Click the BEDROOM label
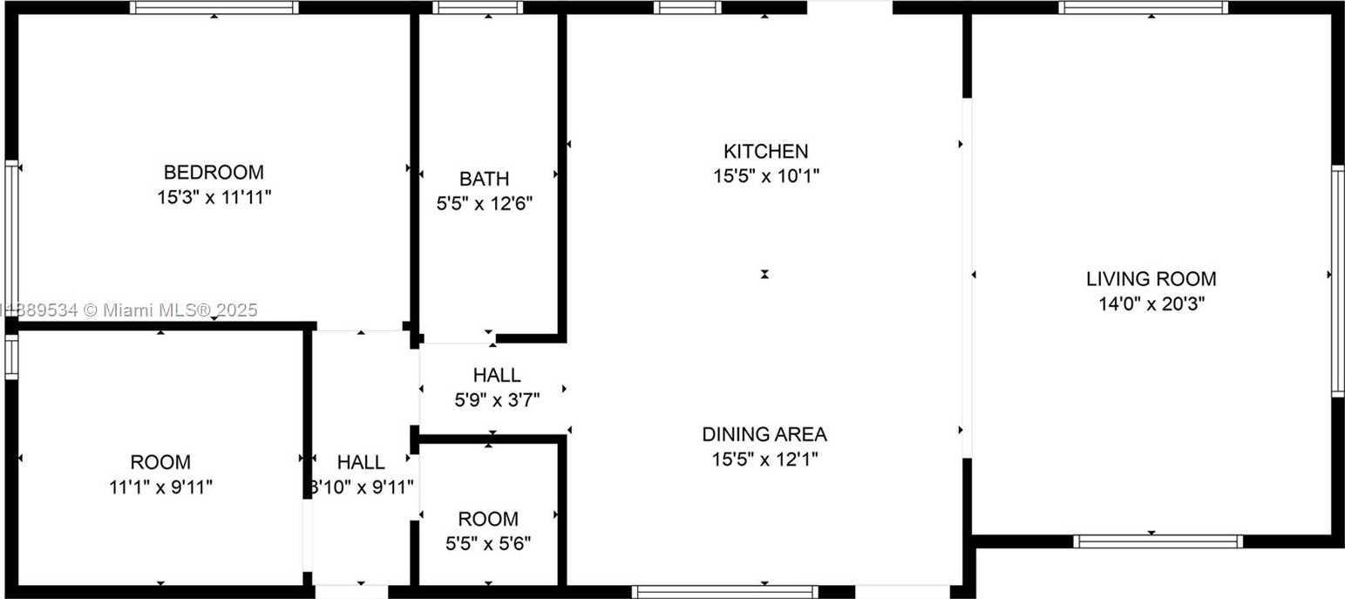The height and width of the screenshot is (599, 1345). pyautogui.click(x=214, y=173)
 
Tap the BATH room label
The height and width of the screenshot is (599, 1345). pyautogui.click(x=484, y=179)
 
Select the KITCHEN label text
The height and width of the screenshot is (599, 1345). pyautogui.click(x=765, y=151)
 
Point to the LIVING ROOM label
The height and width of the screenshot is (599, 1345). pyautogui.click(x=1151, y=279)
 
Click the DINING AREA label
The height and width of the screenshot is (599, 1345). pyautogui.click(x=764, y=434)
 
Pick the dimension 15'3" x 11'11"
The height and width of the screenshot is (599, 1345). pyautogui.click(x=214, y=197)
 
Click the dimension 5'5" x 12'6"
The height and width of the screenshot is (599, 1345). pyautogui.click(x=484, y=204)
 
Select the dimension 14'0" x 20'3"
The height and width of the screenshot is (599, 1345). pyautogui.click(x=1151, y=304)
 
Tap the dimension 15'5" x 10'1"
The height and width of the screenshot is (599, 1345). pyautogui.click(x=765, y=176)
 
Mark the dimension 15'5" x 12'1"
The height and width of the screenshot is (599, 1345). pyautogui.click(x=764, y=459)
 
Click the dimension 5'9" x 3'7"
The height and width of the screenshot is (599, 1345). pyautogui.click(x=497, y=400)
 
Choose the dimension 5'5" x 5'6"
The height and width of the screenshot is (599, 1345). pyautogui.click(x=488, y=544)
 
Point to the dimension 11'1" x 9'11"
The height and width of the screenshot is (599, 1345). pyautogui.click(x=160, y=487)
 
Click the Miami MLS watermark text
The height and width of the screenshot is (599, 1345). pyautogui.click(x=129, y=310)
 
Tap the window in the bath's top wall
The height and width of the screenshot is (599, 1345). pyautogui.click(x=478, y=7)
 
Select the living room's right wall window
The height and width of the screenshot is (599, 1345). pyautogui.click(x=1338, y=281)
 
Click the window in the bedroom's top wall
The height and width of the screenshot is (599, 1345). pyautogui.click(x=214, y=7)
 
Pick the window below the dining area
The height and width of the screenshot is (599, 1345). pyautogui.click(x=725, y=592)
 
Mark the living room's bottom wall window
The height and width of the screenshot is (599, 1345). pyautogui.click(x=1158, y=541)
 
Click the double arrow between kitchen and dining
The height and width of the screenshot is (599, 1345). pyautogui.click(x=764, y=275)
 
